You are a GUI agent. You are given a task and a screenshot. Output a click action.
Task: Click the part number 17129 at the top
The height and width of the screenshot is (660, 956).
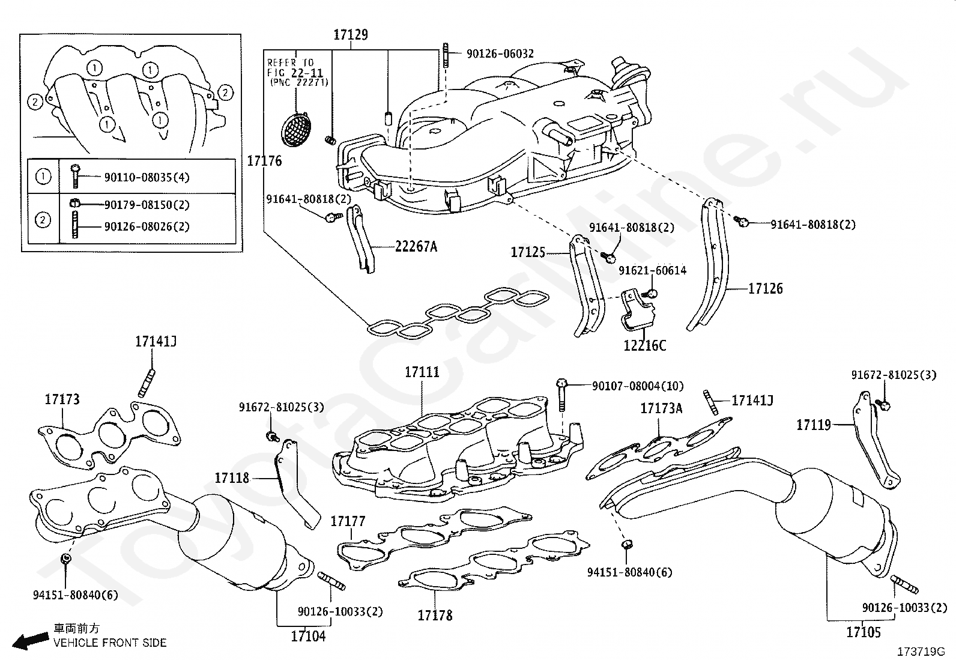tap(350, 35)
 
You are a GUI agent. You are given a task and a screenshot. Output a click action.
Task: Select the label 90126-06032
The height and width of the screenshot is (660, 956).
tap(500, 54)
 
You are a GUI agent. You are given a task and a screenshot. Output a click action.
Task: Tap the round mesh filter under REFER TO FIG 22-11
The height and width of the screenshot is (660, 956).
tap(296, 129)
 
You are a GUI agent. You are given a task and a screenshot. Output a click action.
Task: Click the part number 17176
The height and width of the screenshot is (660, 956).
tap(265, 161)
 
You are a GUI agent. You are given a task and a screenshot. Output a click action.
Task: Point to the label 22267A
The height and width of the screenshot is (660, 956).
tap(416, 246)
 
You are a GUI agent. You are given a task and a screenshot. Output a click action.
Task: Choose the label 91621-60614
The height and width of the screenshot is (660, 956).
tap(653, 270)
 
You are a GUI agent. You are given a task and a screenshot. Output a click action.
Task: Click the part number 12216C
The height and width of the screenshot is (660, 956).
tap(644, 345)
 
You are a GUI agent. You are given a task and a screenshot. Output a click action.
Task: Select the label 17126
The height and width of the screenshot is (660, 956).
tap(766, 289)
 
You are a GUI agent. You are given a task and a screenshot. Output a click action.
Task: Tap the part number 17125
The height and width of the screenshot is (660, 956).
tap(528, 252)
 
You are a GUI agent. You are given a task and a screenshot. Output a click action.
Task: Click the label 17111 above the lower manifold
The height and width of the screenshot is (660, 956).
tap(422, 372)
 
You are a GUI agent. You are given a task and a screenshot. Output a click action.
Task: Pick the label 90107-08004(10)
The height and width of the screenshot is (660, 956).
tap(638, 386)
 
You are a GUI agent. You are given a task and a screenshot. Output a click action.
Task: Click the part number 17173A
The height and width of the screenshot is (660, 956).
tap(661, 408)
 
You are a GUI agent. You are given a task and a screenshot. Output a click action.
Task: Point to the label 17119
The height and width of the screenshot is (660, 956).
tap(814, 425)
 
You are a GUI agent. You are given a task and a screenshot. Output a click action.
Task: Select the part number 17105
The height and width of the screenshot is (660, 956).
tap(864, 632)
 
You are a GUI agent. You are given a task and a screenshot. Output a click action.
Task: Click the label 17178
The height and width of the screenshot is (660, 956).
tap(435, 615)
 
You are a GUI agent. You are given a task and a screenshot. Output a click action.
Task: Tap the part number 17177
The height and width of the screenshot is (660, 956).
tap(348, 521)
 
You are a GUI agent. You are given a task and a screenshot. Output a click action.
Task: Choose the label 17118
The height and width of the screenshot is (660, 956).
tap(232, 477)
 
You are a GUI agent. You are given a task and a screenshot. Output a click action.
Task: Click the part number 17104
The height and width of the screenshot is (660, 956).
tap(308, 636)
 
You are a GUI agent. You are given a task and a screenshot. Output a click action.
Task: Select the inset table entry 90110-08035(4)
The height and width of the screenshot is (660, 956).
tap(147, 177)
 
